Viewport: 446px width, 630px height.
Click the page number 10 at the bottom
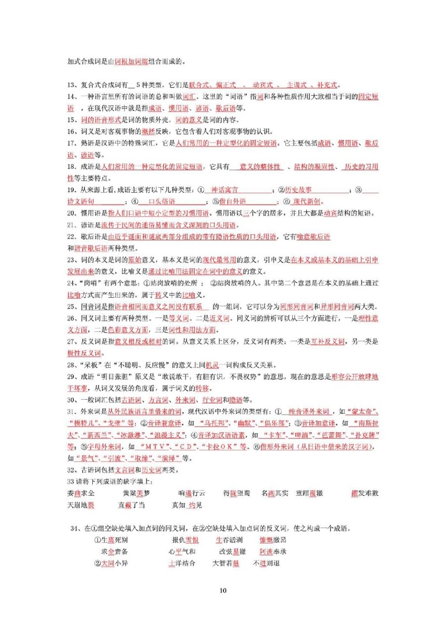click(223, 590)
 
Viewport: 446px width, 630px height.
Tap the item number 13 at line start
click(71, 85)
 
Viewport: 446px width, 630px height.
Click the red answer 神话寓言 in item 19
click(224, 190)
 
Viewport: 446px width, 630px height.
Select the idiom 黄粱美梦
click(136, 493)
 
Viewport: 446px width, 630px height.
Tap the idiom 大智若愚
click(225, 563)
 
